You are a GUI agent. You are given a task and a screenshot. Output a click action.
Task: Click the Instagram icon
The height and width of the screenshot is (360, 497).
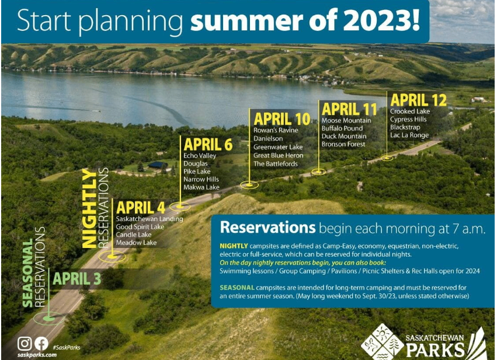25,343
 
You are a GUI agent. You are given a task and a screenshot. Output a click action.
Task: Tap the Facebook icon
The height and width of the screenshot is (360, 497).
41,343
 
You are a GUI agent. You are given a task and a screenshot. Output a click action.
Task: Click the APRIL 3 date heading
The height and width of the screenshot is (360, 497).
77,279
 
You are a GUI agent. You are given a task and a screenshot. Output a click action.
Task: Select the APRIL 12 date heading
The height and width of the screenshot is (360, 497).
418,100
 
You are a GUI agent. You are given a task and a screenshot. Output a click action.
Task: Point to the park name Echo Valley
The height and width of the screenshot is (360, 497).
200,155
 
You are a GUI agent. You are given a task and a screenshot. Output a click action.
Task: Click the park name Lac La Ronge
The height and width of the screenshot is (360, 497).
409,135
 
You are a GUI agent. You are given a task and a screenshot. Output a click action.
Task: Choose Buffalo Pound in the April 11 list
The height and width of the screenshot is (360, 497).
342,128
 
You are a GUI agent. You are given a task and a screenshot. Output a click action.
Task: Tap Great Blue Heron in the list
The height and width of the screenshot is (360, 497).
279,155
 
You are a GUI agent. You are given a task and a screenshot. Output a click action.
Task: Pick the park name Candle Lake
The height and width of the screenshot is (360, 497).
133,235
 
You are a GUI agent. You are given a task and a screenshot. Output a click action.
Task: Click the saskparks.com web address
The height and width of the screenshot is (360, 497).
37,355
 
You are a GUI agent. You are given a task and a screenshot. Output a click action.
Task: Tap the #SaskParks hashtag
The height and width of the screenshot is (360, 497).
66,347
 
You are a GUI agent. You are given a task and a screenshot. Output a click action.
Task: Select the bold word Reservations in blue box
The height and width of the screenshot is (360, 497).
268,228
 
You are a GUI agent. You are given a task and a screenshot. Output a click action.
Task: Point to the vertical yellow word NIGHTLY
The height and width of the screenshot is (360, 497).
89,208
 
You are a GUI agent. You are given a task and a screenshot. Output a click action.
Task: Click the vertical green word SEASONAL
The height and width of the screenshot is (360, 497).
28,272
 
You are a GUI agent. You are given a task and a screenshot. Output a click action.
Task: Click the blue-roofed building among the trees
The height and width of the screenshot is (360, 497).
158,165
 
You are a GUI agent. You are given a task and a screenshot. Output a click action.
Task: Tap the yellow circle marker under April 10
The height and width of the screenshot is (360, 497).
249,184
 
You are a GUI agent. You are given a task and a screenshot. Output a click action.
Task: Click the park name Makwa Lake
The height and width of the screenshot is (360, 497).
201,187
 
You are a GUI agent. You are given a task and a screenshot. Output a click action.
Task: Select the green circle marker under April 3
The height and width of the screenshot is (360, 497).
49,318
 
